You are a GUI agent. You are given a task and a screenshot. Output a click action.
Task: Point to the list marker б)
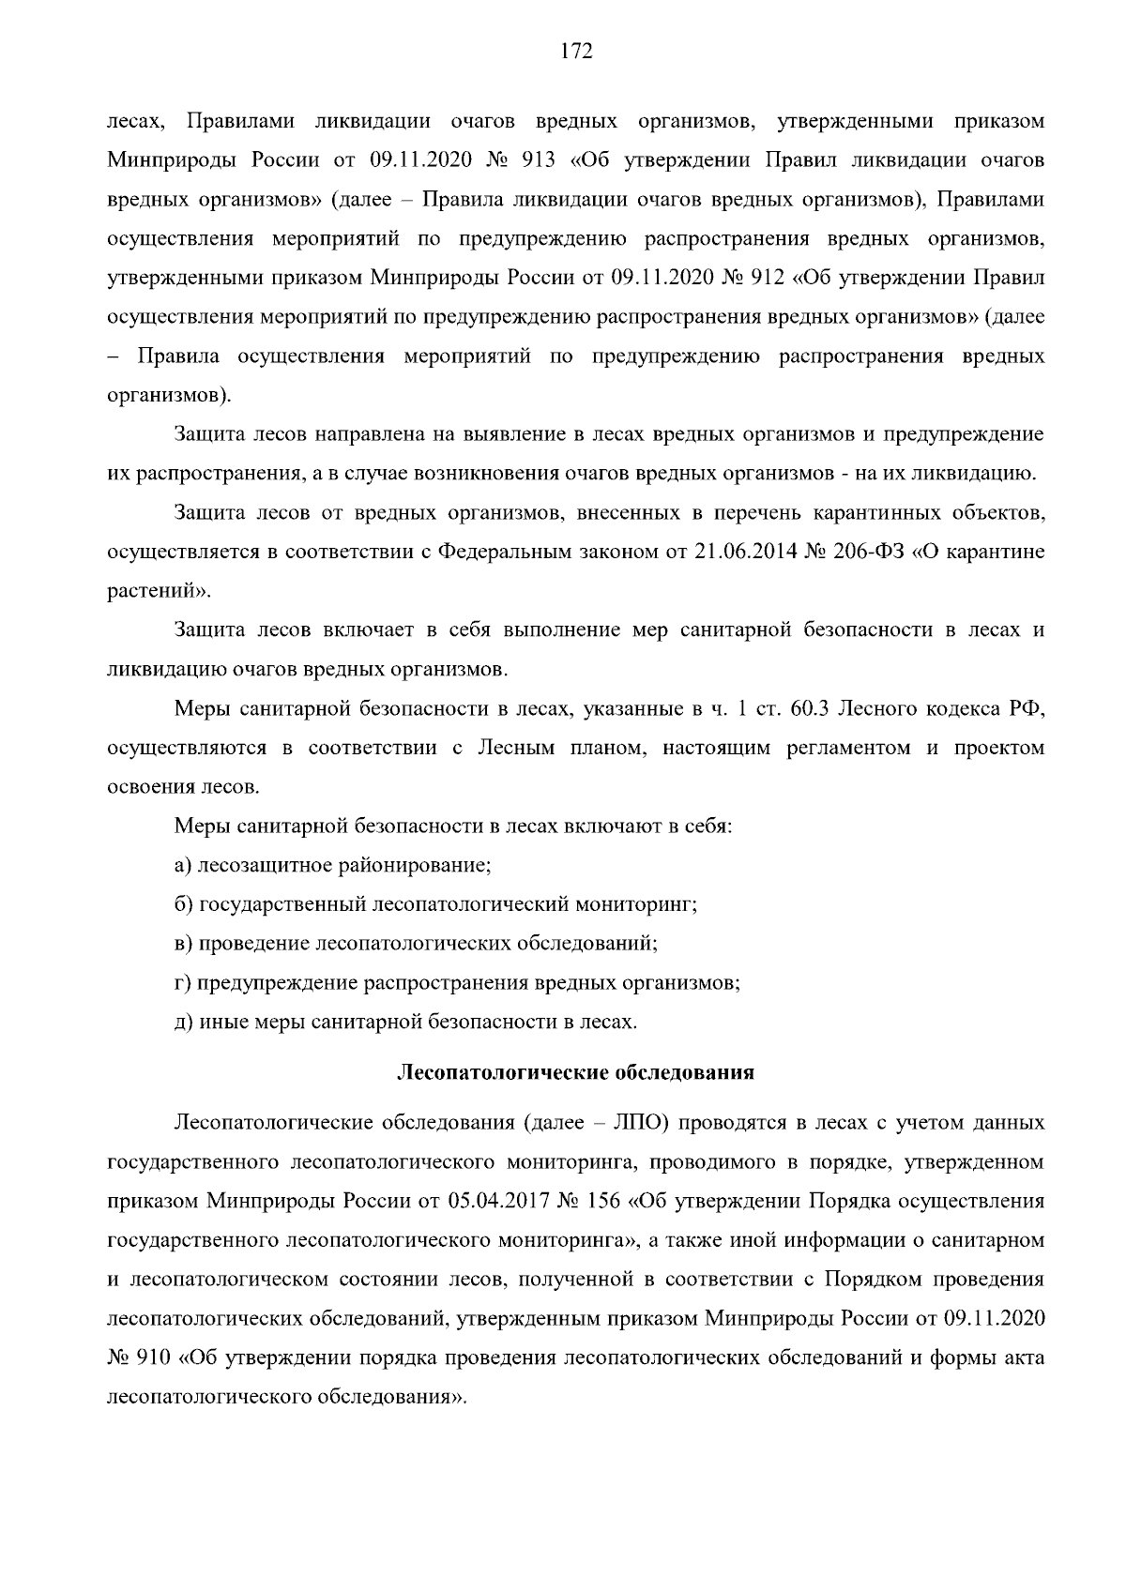(183, 905)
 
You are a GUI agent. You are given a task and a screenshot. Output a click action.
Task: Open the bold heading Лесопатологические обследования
(576, 1072)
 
